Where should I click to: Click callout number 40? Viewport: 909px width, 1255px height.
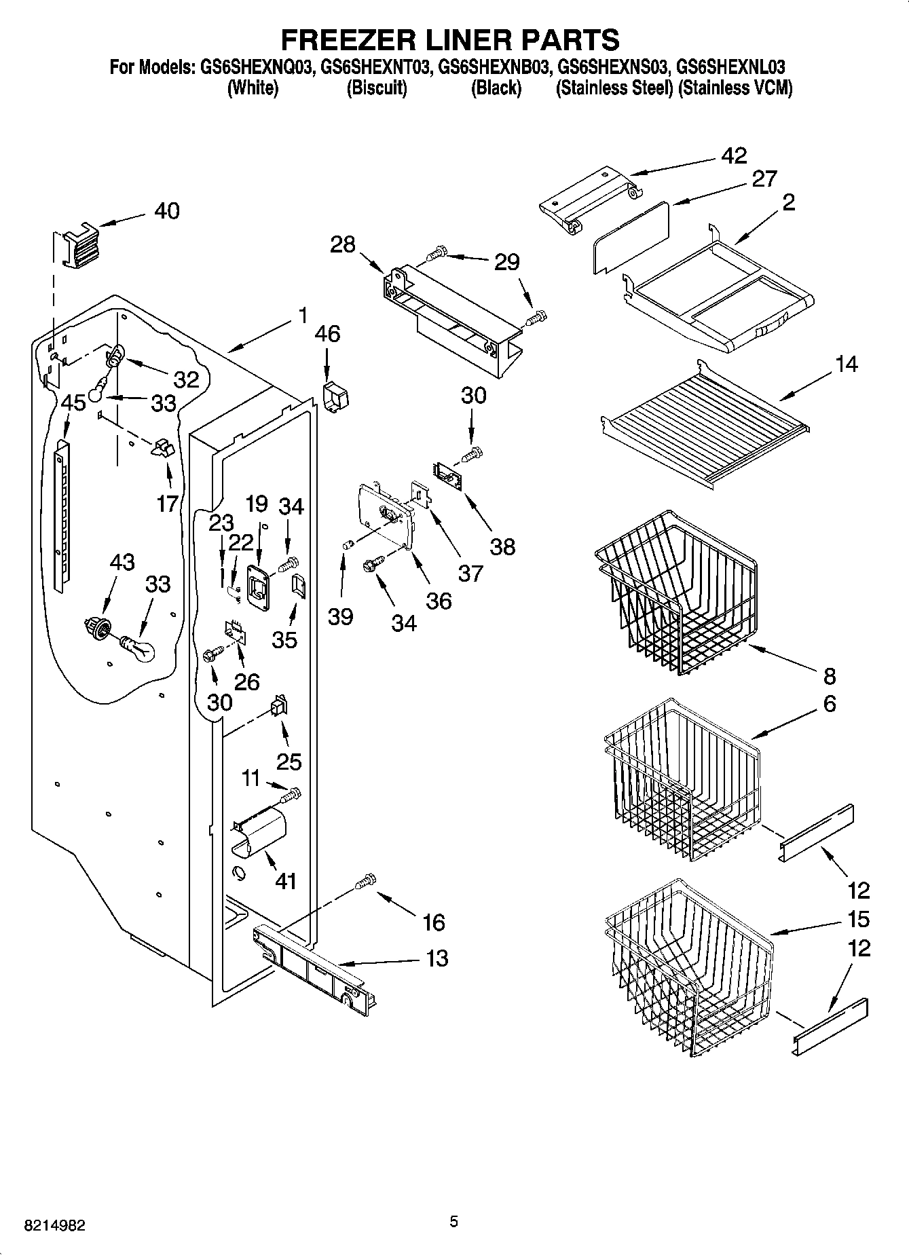166,211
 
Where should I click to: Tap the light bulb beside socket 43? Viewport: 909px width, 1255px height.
138,648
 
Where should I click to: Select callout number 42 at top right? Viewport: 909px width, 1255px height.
734,155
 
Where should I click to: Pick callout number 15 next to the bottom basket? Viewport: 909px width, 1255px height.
858,920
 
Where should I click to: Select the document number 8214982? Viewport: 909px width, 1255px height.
54,1226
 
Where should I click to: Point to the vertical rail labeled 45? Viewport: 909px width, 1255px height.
62,516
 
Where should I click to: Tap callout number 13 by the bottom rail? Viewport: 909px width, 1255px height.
437,959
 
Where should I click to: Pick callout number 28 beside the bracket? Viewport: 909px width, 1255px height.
342,244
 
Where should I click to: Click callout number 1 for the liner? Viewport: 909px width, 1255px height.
302,315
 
